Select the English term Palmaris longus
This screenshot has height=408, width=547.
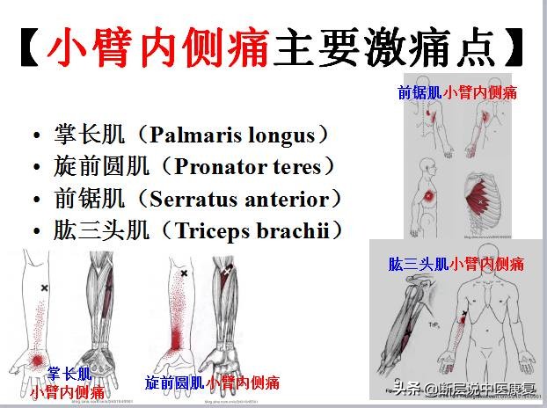[231, 135]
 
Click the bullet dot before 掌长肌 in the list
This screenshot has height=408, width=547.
[36, 137]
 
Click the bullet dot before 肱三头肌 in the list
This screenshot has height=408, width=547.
[36, 232]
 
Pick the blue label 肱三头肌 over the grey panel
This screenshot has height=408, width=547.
[419, 263]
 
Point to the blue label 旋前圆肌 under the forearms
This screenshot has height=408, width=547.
[174, 383]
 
